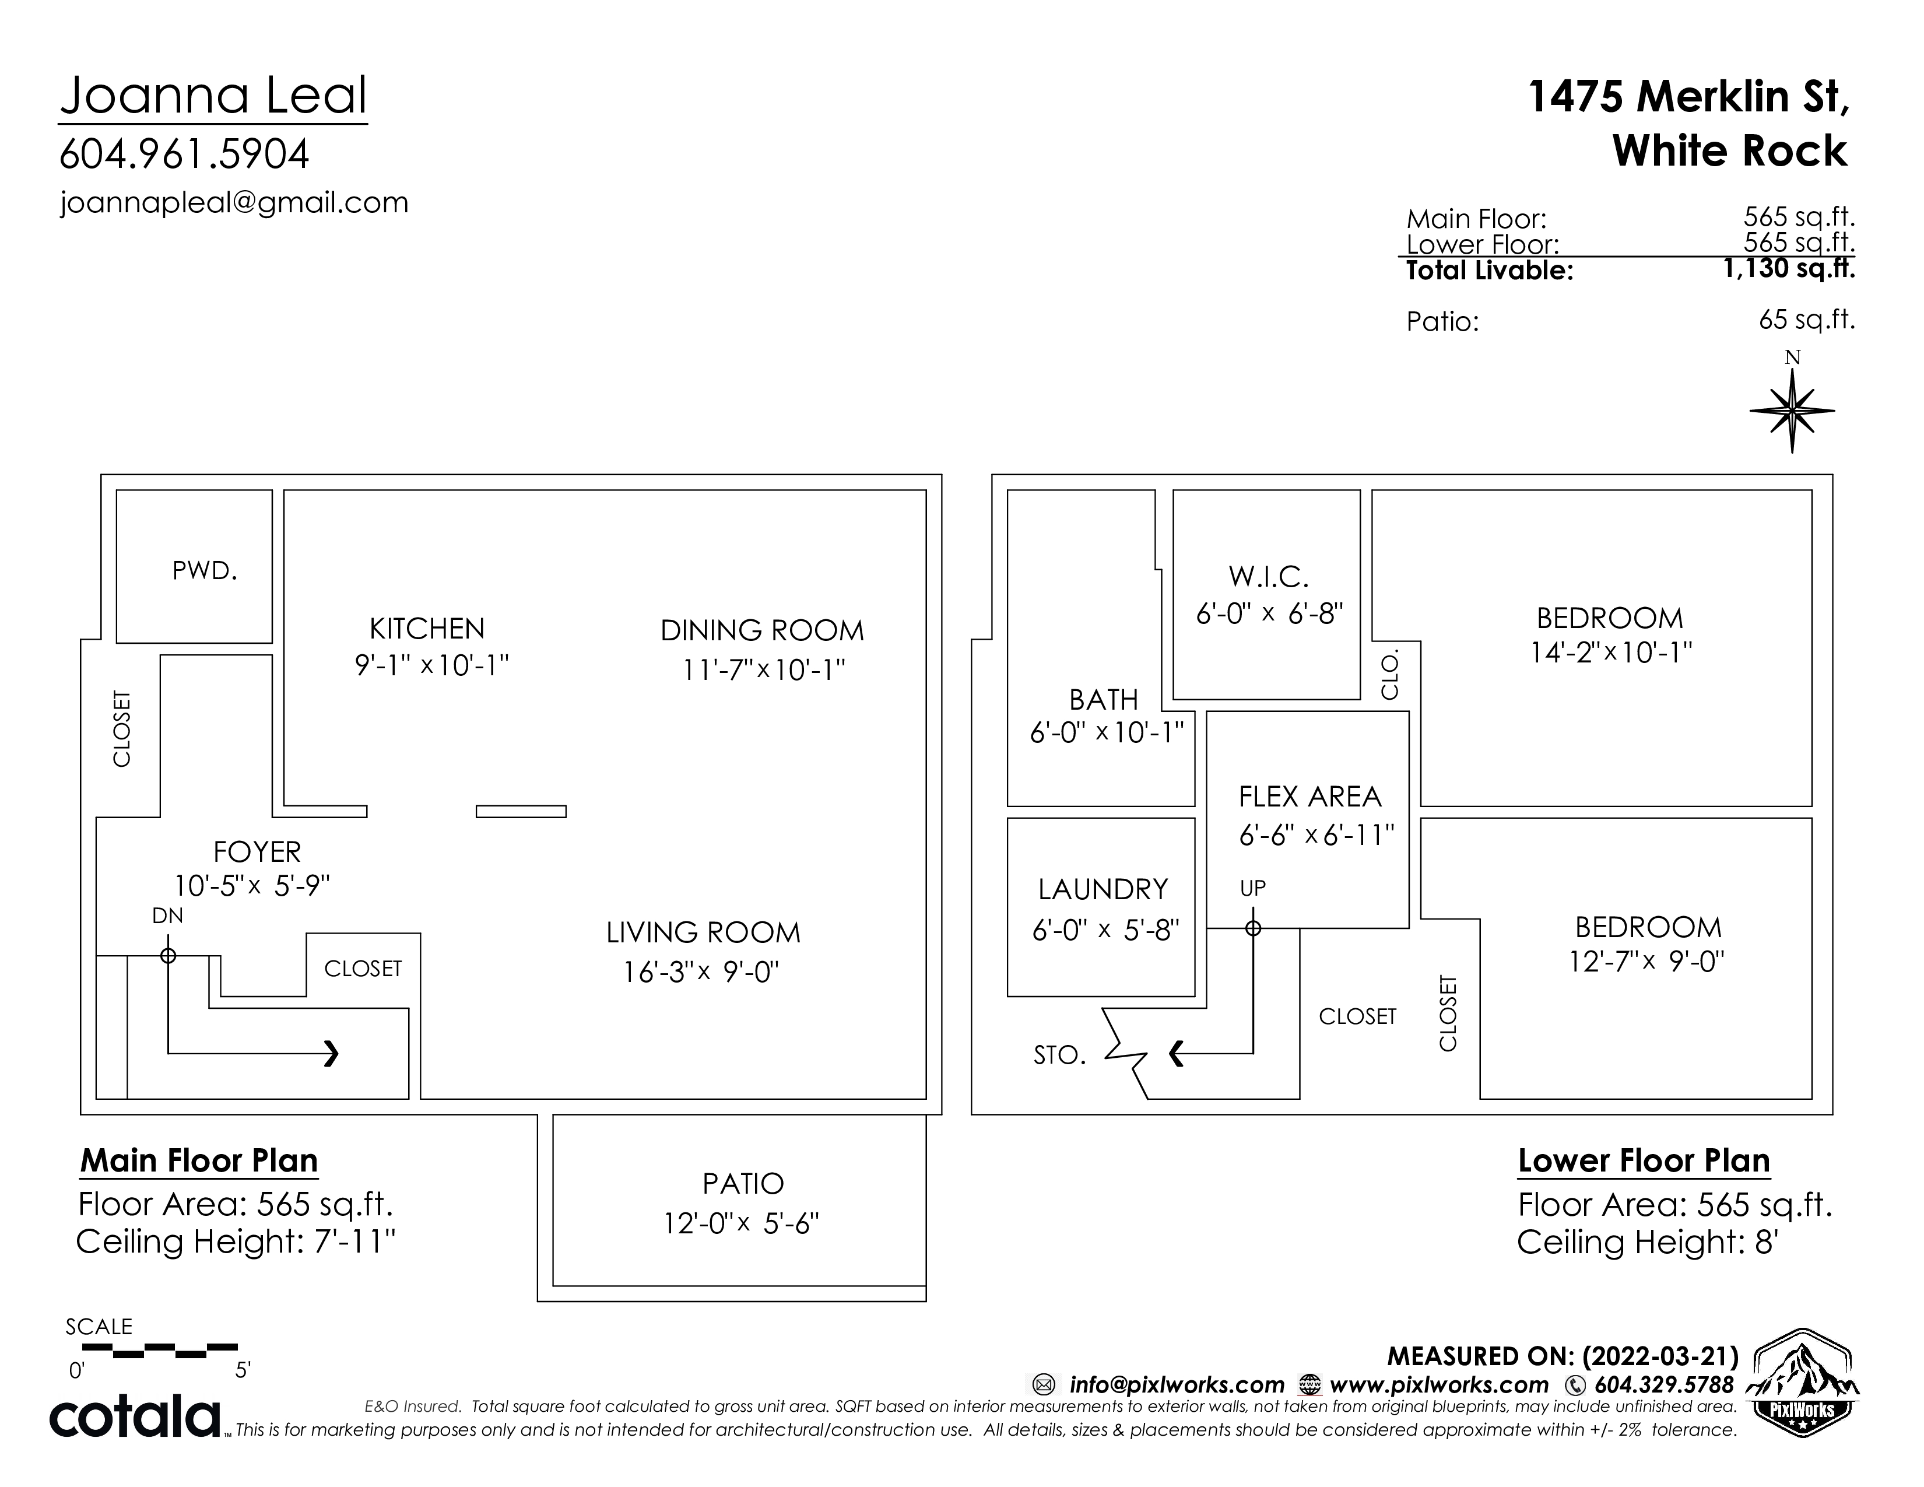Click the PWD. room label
(x=205, y=571)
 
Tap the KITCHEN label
(x=427, y=629)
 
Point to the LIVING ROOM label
(x=703, y=933)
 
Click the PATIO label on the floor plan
(x=743, y=1184)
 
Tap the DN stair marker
(x=167, y=916)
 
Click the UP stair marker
(x=1253, y=888)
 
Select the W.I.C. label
(x=1269, y=577)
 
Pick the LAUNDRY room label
(x=1103, y=890)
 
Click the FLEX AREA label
(x=1310, y=797)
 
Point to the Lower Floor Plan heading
(x=1644, y=1161)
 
